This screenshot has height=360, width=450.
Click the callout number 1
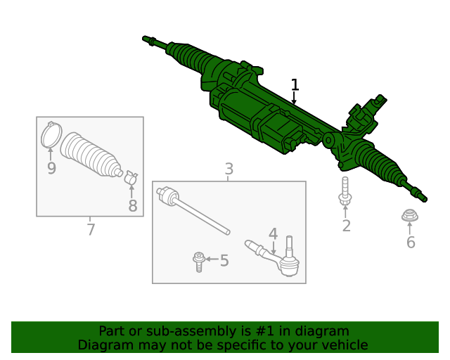(295, 85)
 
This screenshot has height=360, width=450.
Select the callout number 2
(346, 226)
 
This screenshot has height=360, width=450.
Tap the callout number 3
(229, 169)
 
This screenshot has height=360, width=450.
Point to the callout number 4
(273, 234)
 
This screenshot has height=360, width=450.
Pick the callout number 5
(224, 261)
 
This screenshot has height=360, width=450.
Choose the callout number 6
(411, 243)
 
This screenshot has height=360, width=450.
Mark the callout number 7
(90, 230)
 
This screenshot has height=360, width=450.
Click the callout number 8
(132, 206)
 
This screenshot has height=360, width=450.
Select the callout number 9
(51, 168)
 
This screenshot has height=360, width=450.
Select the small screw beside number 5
(198, 262)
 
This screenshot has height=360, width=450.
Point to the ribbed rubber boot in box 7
(91, 155)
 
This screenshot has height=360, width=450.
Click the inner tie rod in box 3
(193, 209)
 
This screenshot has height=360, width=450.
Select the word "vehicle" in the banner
(344, 345)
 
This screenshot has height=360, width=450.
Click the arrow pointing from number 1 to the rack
(295, 99)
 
